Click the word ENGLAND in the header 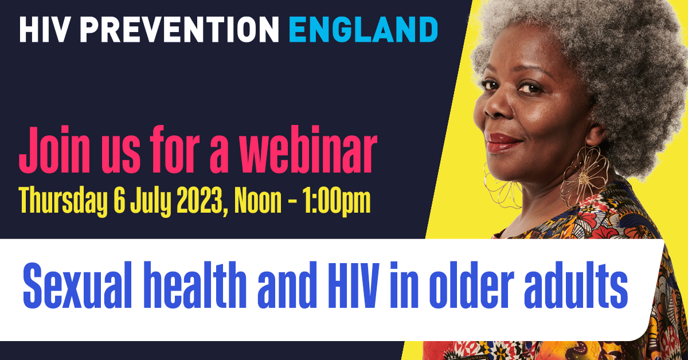363,29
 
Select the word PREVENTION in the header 179,29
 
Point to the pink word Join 54,150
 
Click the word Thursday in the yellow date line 64,201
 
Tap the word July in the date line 151,202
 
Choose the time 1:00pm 336,202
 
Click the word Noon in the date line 258,201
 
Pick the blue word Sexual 77,285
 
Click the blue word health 195,285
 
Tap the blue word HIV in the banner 354,285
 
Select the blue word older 471,285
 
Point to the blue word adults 576,285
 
